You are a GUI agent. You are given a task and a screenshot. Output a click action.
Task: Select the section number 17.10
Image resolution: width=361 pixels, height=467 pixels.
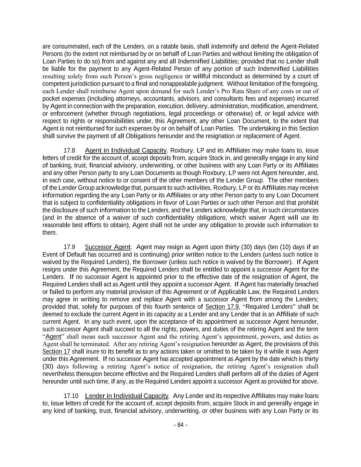tap(71, 396)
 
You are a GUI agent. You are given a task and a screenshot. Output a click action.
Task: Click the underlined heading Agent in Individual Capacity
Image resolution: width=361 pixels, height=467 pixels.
tap(126, 151)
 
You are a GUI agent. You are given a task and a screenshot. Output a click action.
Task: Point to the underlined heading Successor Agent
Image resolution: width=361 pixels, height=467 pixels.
tap(107, 247)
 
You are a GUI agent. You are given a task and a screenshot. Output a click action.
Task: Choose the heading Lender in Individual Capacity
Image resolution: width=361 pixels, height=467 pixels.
tap(127, 396)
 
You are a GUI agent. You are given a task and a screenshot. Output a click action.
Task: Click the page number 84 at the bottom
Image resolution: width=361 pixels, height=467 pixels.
tap(180, 425)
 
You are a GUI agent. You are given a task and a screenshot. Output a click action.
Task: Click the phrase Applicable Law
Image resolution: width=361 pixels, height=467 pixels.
tap(236, 292)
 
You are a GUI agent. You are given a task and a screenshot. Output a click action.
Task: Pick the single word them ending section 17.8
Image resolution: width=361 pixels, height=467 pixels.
tap(49, 233)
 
